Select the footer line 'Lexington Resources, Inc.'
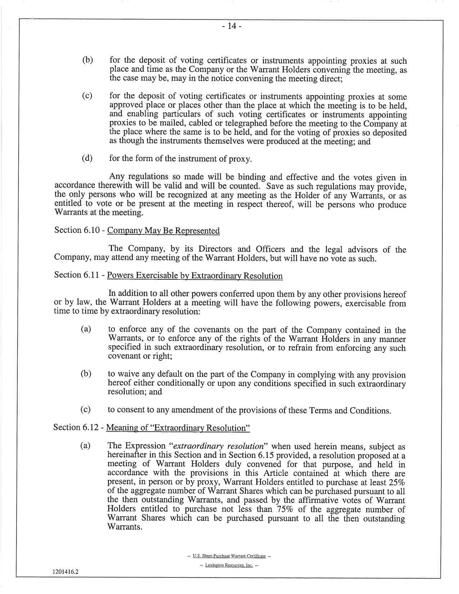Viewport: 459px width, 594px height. tap(229, 565)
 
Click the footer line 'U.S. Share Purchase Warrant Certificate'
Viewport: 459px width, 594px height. tap(229, 556)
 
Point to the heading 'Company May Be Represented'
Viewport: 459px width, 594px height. tap(163, 231)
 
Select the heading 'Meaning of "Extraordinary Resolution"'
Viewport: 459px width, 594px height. tap(178, 428)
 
